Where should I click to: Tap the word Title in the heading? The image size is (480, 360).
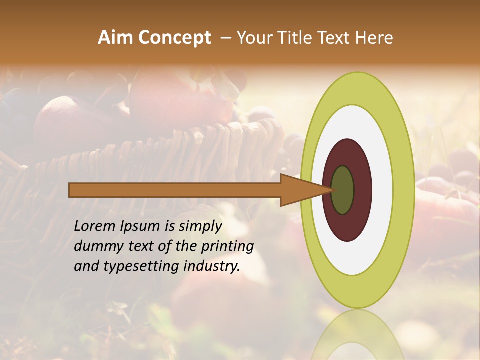297,38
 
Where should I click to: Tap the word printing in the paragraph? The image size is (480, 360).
226,246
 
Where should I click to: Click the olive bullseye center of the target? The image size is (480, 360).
343,190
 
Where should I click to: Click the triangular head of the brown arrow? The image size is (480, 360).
300,190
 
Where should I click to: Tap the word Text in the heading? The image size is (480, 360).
334,38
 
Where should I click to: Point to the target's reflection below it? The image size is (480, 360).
357,335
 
